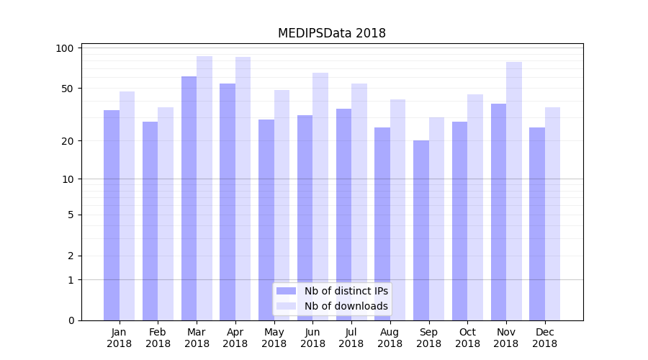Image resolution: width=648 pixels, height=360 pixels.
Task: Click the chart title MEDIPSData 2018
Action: pos(332,33)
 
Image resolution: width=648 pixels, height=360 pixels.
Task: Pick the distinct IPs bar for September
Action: pos(421,230)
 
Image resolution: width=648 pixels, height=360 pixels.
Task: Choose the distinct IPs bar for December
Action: pos(537,224)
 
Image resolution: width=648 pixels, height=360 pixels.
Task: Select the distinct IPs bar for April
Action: pos(228,202)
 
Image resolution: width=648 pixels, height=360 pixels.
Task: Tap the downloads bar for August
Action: pos(397,210)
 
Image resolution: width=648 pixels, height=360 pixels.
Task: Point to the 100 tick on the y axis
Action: pos(66,48)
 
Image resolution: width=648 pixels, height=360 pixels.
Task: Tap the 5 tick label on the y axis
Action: pos(71,215)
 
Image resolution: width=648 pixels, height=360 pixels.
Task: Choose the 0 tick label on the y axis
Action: pos(71,320)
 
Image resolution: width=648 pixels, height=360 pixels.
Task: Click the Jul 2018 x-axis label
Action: pos(351,338)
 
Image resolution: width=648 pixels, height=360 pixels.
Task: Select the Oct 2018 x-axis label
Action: pos(467,338)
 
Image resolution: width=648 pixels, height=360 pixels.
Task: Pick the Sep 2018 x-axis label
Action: pos(428,338)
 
